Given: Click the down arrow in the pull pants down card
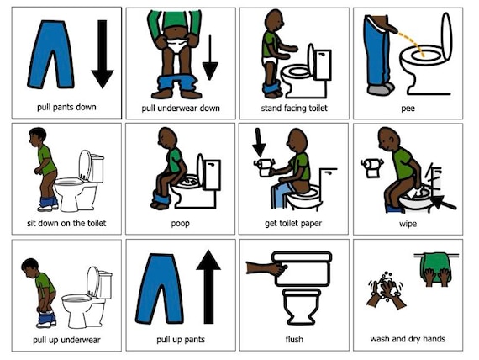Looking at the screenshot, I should [x=102, y=55].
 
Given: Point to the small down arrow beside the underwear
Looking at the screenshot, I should [x=209, y=57].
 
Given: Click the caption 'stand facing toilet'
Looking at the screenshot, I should [x=294, y=109].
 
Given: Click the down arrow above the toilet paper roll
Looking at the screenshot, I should [x=258, y=142].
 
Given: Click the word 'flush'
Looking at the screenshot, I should [x=294, y=340].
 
